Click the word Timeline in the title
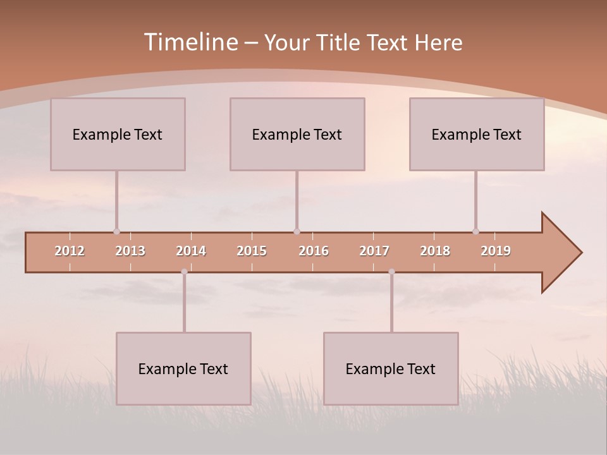coord(190,42)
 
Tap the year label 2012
coord(70,251)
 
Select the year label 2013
coord(130,251)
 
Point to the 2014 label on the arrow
coord(191,251)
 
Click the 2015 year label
coord(252,251)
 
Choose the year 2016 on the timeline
coord(314,251)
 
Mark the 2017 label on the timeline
coord(374,251)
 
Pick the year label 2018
coord(435,251)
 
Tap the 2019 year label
coord(496,251)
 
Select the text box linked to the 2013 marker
coord(118,134)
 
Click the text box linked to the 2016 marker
coord(297,134)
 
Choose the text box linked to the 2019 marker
coord(477,134)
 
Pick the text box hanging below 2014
coord(183,368)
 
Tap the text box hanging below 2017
coord(391,368)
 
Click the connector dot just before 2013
coord(116,231)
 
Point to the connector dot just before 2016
coord(297,231)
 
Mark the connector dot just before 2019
coord(475,231)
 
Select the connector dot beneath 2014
coord(184,272)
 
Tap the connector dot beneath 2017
coord(391,272)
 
